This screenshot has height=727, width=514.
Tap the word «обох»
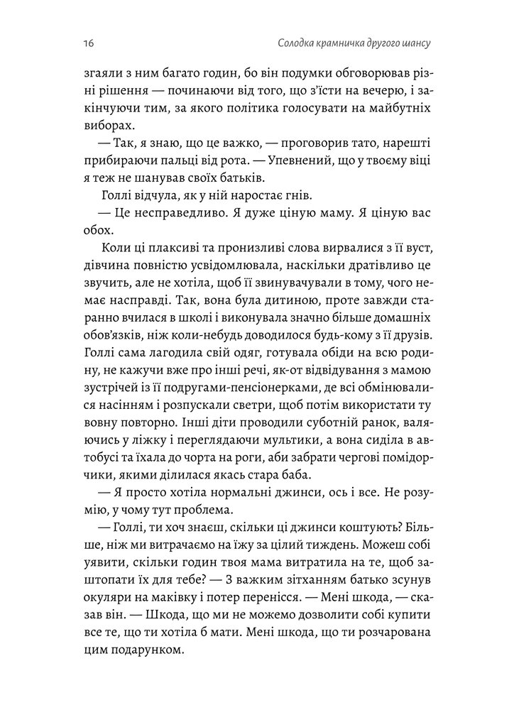pos(98,232)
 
